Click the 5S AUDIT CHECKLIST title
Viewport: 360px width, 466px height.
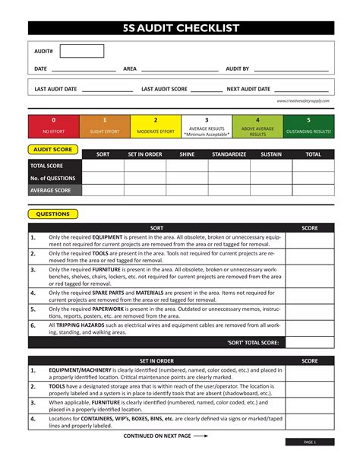pyautogui.click(x=181, y=29)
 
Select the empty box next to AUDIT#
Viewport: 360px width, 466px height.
pyautogui.click(x=81, y=52)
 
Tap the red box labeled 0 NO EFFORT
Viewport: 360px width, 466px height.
pyautogui.click(x=53, y=125)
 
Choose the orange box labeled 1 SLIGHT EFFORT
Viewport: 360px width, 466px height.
pyautogui.click(x=104, y=125)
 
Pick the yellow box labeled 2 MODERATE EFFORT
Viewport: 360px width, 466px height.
pyautogui.click(x=156, y=125)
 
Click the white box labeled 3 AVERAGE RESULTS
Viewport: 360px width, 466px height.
pyautogui.click(x=207, y=125)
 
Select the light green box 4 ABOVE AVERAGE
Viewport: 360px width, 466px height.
pyautogui.click(x=257, y=125)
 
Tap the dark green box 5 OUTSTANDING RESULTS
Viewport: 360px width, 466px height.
pyautogui.click(x=308, y=125)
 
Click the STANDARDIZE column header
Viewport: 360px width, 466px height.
pyautogui.click(x=229, y=154)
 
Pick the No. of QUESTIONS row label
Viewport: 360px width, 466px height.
pyautogui.click(x=52, y=178)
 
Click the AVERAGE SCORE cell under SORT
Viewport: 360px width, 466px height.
pyautogui.click(x=103, y=190)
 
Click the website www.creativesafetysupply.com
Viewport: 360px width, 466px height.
pyautogui.click(x=303, y=100)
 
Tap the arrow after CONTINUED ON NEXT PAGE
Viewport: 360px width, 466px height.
pyautogui.click(x=201, y=437)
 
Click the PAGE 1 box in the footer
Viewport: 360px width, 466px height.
pyautogui.click(x=309, y=442)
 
